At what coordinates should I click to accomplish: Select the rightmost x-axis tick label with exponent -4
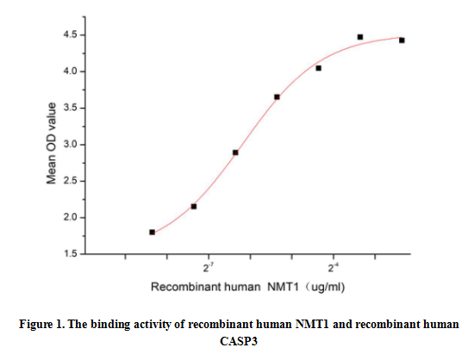coord(332,268)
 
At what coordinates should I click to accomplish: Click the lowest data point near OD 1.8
coord(153,232)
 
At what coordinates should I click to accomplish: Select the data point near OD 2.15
coord(194,206)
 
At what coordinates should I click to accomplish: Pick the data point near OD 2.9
coord(235,152)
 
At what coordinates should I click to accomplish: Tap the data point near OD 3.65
coord(277,96)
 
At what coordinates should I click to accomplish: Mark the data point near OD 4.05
coord(319,68)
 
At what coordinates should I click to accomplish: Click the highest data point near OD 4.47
coord(360,37)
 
